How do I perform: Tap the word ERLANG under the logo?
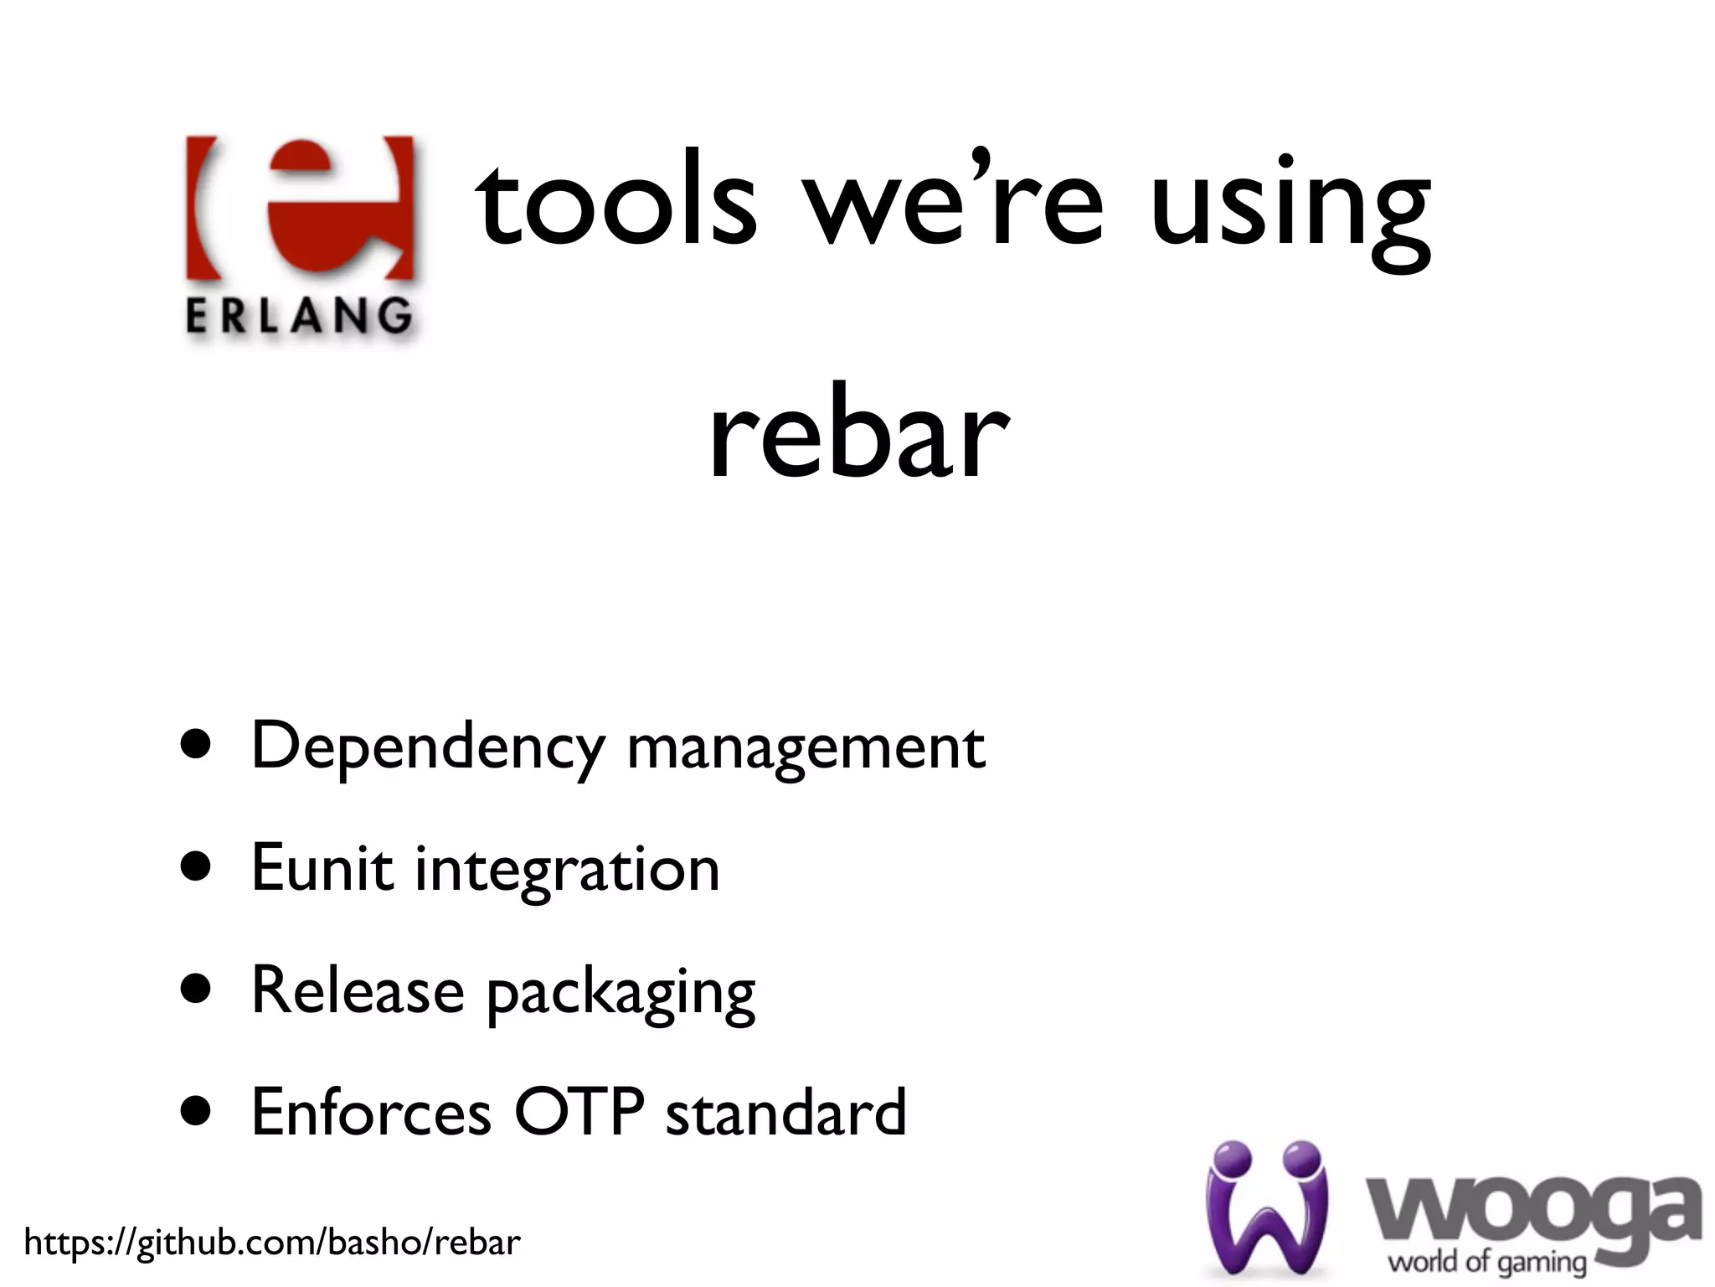tap(299, 318)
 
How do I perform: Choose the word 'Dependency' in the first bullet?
tap(428, 747)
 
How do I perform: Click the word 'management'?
tap(806, 747)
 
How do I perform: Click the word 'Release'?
tap(358, 990)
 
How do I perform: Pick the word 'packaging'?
tap(621, 994)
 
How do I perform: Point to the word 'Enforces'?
tap(371, 1113)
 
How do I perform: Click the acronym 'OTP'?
tap(579, 1113)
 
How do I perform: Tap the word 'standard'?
tap(785, 1113)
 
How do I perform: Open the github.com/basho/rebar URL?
tap(272, 1242)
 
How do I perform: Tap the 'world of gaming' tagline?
tap(1487, 1260)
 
